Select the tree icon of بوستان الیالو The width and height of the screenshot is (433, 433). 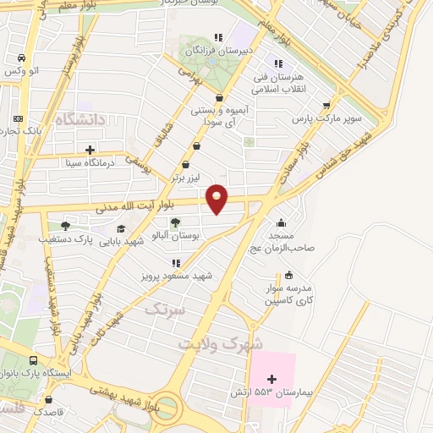click(174, 223)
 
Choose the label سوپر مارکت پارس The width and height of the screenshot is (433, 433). click(321, 119)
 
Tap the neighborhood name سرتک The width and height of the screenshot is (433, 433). click(163, 310)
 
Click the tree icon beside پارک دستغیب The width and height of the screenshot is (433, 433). click(65, 226)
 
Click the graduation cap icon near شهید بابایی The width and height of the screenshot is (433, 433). click(121, 228)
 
